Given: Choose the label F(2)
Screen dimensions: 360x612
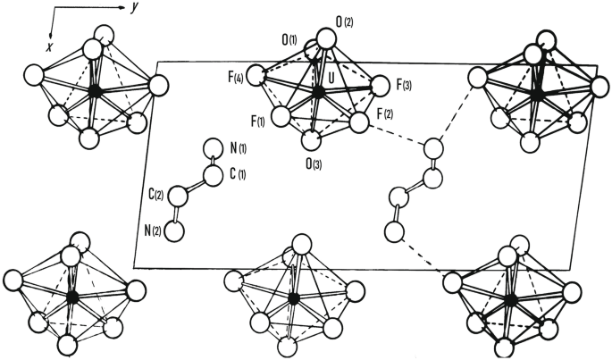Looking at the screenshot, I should pos(385,114).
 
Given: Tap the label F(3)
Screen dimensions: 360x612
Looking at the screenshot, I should pos(406,87).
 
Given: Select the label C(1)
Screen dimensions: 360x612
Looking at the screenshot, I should pos(236,172).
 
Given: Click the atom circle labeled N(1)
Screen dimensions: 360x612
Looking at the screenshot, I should pos(213,149).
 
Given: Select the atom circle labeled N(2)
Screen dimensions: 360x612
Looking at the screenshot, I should pos(175,230).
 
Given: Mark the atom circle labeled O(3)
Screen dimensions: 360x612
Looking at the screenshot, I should pos(310,141).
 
